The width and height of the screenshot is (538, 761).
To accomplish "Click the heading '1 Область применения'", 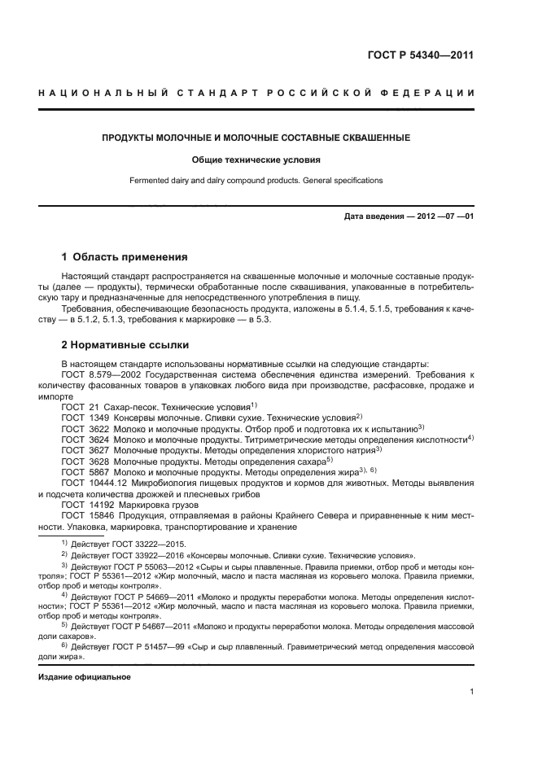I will (125, 256).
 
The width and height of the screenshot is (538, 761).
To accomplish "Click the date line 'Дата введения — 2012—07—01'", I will (409, 216).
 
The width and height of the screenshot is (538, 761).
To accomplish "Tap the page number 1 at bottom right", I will (471, 693).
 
